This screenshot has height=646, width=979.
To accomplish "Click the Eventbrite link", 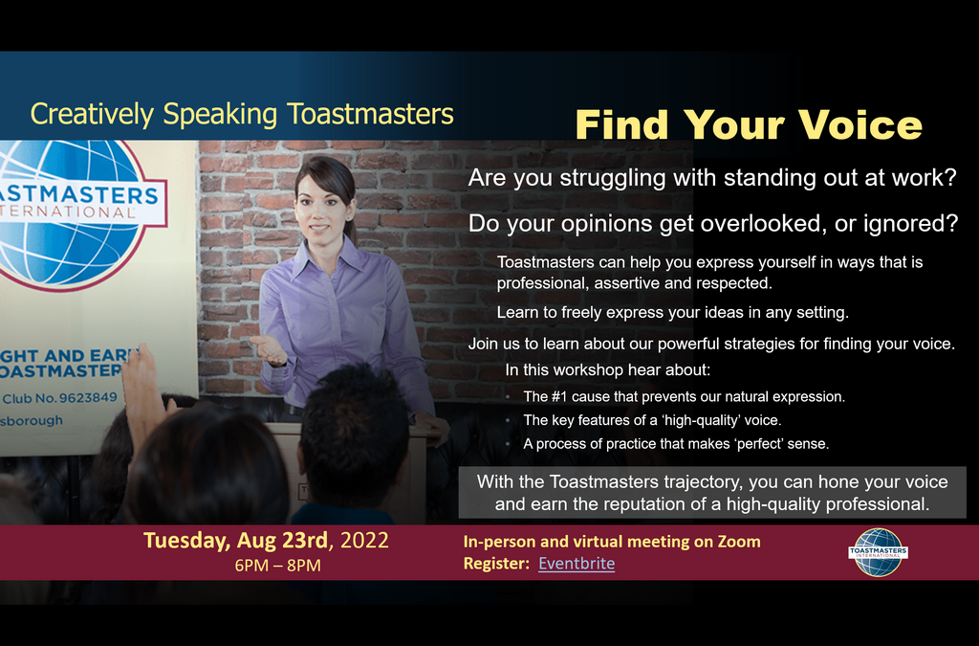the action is tap(577, 564).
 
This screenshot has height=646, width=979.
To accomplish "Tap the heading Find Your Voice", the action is tap(749, 124).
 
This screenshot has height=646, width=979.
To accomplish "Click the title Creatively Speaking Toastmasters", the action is tap(242, 114).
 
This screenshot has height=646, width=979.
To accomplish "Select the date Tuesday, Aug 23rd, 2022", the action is tap(266, 541).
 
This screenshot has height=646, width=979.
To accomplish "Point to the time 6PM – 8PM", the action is tap(278, 566).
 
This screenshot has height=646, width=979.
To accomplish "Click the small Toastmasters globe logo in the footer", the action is tap(878, 552).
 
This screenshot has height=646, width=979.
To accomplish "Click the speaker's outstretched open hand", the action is tap(269, 350).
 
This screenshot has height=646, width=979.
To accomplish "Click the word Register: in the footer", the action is tap(496, 564).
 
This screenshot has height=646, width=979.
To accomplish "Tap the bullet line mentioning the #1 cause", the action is tap(684, 397).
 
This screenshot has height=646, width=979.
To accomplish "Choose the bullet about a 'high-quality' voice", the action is tap(652, 420).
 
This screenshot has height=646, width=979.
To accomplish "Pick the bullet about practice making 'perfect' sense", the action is tap(676, 444).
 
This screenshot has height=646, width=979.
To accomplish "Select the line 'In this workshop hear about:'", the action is tap(607, 369).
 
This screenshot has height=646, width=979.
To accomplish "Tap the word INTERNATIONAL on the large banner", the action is tap(68, 212).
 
